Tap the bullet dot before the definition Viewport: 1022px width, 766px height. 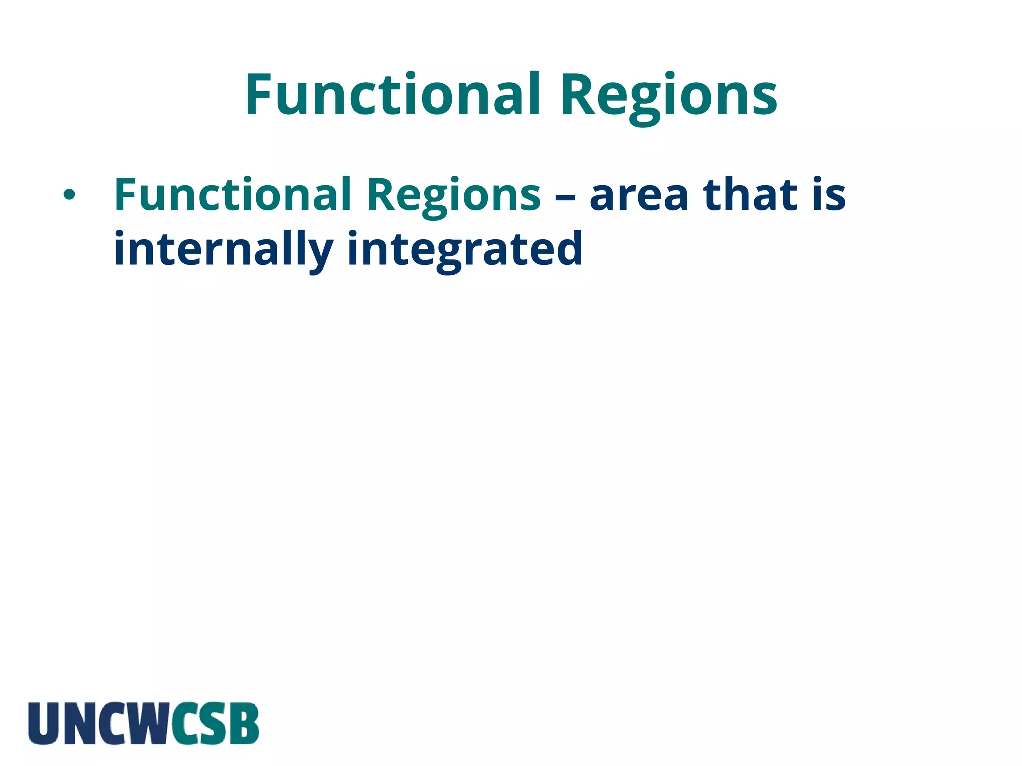point(69,195)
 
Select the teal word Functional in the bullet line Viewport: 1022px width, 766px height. point(232,194)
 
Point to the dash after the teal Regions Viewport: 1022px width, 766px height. point(565,196)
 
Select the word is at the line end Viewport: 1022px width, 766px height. point(828,194)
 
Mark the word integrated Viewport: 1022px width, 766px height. point(465,249)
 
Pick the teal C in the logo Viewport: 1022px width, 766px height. point(184,723)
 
